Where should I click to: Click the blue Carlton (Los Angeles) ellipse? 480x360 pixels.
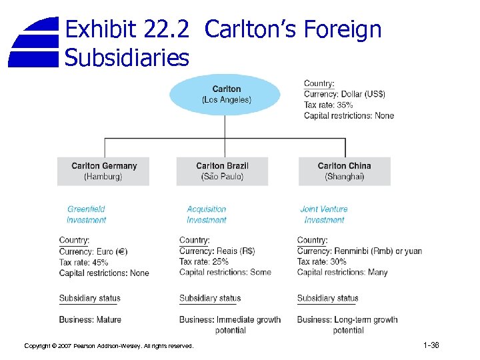(x=226, y=95)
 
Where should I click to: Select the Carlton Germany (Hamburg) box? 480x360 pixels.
(x=103, y=171)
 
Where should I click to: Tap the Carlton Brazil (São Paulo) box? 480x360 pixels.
(x=222, y=171)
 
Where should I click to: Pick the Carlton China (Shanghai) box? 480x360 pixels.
(x=344, y=171)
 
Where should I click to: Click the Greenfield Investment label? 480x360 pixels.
(x=86, y=214)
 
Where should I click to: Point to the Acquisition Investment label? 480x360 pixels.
(x=206, y=214)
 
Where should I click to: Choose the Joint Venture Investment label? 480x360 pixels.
(x=324, y=214)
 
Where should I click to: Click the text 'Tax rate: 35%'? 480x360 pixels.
(x=328, y=105)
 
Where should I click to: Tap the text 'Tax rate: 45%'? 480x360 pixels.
(x=83, y=262)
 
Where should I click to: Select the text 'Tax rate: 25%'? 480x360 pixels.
(x=203, y=262)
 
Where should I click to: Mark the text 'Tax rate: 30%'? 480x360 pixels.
(x=321, y=262)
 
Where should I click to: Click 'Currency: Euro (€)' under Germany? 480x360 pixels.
(x=93, y=251)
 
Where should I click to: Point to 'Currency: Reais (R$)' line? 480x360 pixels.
(x=217, y=251)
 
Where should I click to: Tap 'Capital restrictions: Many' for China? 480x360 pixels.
(x=342, y=273)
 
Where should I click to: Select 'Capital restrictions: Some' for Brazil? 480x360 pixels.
(x=225, y=273)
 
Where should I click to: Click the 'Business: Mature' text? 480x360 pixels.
(x=90, y=319)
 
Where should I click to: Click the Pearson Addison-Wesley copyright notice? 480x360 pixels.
(x=109, y=346)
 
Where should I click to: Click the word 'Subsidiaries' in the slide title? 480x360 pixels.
(x=127, y=58)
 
